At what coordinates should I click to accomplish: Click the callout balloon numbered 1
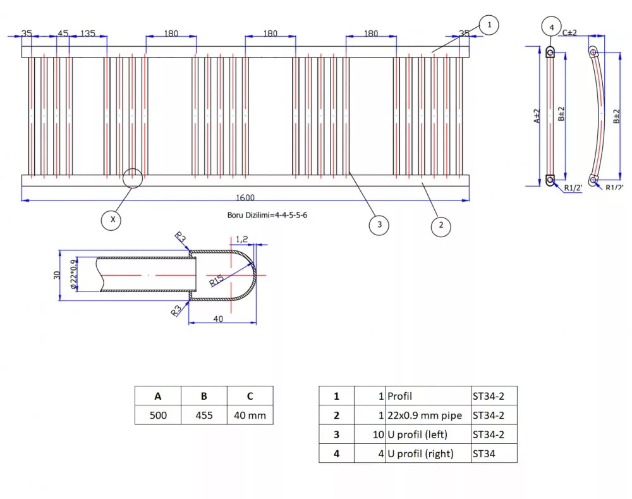point(489,25)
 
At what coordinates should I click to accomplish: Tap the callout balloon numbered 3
point(379,224)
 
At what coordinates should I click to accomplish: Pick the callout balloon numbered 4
point(552,28)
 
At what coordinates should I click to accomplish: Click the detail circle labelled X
point(112,219)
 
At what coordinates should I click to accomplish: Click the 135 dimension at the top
point(88,33)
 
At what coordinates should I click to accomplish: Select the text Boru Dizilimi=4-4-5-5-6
point(267,215)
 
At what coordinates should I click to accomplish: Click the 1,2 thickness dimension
point(241,239)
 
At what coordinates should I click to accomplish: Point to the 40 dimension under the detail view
point(218,319)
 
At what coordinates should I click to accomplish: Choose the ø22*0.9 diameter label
point(74,274)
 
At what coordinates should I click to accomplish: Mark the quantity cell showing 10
point(370,434)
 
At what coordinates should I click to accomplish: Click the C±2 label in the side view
point(570,32)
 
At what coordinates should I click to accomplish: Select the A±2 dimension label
point(537,116)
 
